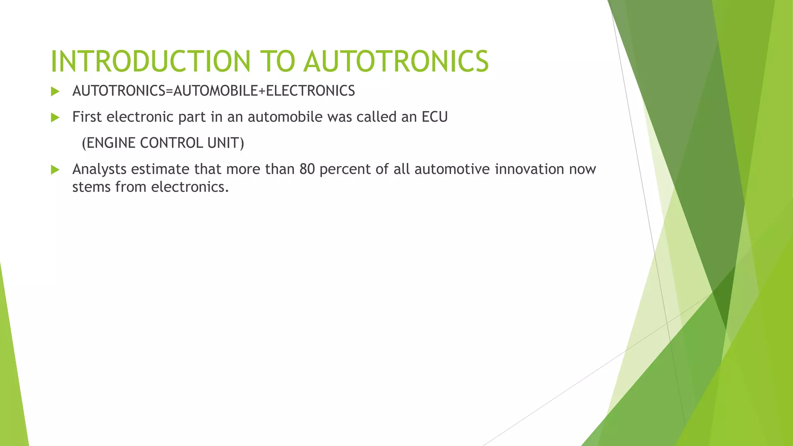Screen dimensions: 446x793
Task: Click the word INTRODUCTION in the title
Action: tap(151, 61)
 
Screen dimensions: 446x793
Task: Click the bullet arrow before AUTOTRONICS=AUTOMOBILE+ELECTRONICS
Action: tap(55, 92)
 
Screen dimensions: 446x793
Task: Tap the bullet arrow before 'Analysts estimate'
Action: tap(55, 170)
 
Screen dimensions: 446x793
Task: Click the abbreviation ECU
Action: tap(434, 117)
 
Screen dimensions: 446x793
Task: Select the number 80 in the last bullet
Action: tap(307, 169)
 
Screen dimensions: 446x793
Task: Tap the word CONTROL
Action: tap(171, 143)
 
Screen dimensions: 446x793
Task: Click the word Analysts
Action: tap(99, 169)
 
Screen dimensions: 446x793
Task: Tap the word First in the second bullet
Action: tap(87, 117)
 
